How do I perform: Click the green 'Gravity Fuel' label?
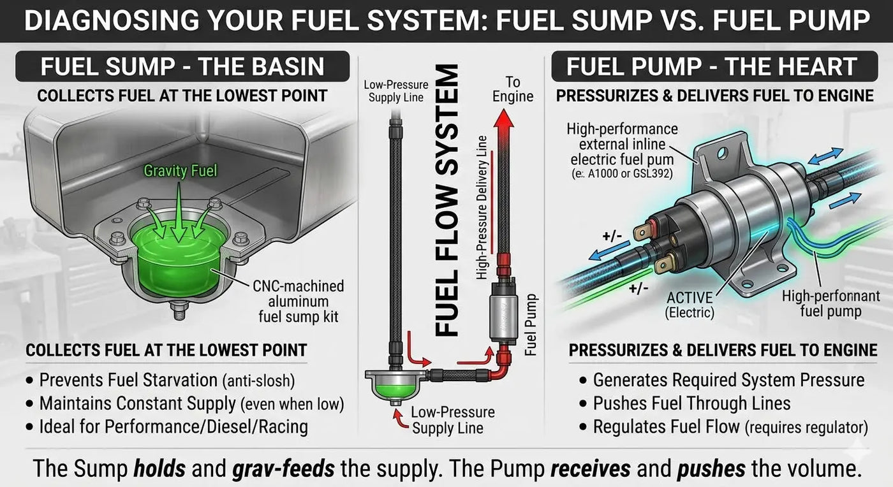tap(181, 170)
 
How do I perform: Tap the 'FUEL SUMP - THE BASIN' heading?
tap(182, 67)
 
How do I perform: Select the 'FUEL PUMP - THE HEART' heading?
tap(711, 67)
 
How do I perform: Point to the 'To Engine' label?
tap(513, 89)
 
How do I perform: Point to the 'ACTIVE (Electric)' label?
tap(690, 305)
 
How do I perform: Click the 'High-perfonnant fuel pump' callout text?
tap(830, 303)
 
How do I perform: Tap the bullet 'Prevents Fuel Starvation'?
tap(128, 381)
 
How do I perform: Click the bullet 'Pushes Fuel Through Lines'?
tap(691, 403)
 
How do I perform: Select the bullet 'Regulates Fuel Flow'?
tap(668, 426)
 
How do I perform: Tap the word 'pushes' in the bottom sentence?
tap(712, 469)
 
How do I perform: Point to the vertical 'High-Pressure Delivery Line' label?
tap(482, 208)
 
